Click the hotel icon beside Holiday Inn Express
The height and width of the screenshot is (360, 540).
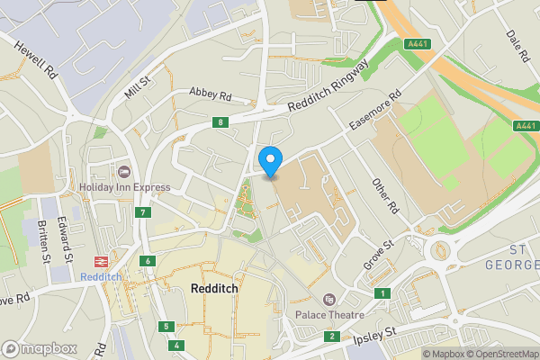coord(124,171)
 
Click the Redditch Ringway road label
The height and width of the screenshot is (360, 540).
coord(329,87)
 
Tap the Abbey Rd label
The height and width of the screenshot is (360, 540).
coord(211,93)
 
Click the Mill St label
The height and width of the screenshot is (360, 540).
coord(135,88)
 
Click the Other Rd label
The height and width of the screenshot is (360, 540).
coord(384,195)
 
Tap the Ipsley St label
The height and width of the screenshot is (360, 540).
coord(378,338)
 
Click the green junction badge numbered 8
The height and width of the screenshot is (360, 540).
coord(220,121)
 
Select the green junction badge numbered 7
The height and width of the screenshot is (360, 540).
coord(142,212)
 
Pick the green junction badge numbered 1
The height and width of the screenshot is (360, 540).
coord(382,293)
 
